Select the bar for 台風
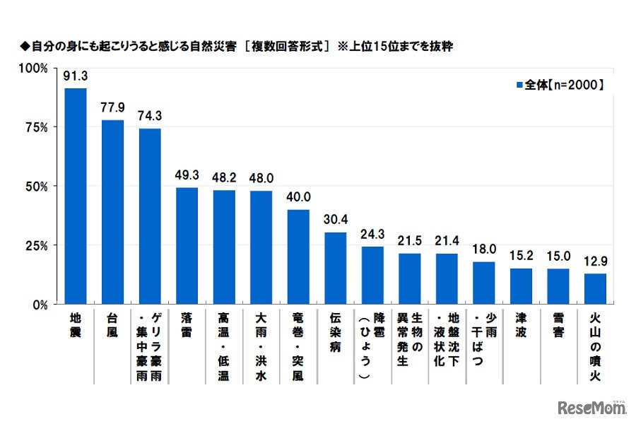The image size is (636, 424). point(113,212)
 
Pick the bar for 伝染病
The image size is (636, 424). point(336,269)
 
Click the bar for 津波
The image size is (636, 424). point(521,286)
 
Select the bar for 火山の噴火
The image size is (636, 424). point(595,289)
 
